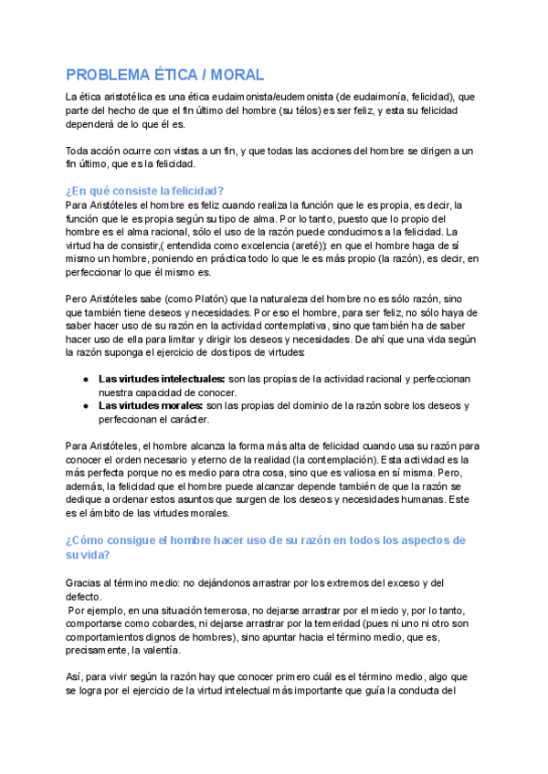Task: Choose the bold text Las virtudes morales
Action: coord(151,405)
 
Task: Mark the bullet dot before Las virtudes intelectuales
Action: coord(85,378)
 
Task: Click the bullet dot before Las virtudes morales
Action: coord(85,405)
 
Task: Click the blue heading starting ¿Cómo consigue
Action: coord(265,540)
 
